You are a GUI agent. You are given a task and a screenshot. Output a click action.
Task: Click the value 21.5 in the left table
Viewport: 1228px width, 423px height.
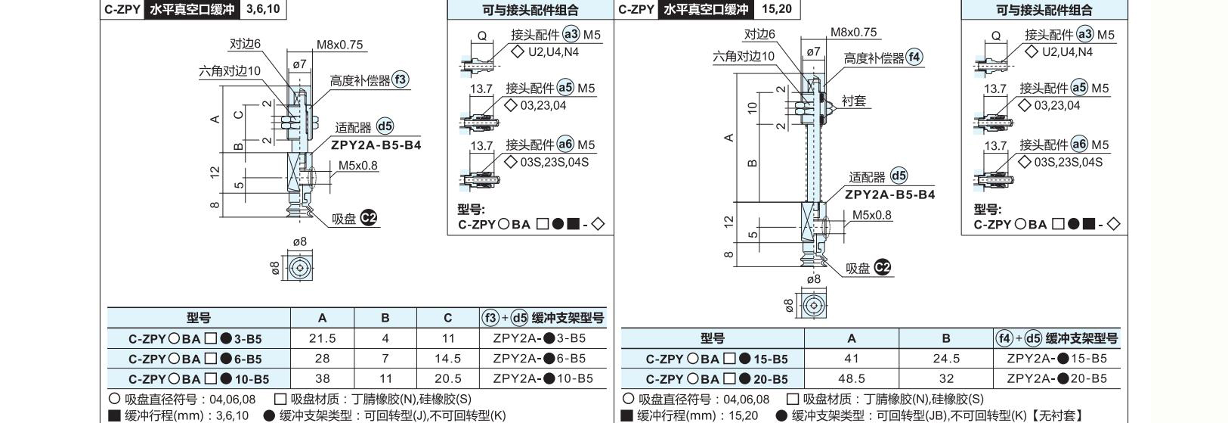323,338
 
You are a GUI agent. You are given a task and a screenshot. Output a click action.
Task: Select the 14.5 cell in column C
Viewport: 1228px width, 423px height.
448,359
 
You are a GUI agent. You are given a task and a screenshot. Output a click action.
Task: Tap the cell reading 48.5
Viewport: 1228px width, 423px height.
852,378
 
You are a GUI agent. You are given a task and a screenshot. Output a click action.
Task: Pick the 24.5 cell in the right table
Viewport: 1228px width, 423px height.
946,359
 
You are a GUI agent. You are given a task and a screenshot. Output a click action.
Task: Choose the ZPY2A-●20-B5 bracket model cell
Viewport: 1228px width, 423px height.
1057,378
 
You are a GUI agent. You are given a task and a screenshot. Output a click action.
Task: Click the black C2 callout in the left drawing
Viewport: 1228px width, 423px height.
369,218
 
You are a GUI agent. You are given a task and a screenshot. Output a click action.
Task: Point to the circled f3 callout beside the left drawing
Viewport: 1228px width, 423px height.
401,79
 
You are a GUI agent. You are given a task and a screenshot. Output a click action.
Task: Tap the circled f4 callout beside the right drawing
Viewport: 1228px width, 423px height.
914,57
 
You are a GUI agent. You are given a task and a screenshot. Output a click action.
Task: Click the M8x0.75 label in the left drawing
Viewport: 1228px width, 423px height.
339,45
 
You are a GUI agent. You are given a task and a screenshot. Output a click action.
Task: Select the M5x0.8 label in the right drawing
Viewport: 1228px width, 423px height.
871,215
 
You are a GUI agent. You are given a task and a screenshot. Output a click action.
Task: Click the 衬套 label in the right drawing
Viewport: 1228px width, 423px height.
854,101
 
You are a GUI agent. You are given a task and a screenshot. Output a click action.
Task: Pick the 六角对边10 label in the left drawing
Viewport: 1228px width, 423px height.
230,71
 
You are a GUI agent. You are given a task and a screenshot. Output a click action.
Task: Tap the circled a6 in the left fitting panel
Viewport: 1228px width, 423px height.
565,145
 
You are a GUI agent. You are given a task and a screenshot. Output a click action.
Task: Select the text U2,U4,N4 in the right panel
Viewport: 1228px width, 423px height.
1067,52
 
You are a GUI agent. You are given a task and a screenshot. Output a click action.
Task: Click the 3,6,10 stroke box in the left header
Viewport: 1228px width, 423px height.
263,9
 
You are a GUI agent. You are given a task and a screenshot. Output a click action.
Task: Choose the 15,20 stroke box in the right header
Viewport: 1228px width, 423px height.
777,9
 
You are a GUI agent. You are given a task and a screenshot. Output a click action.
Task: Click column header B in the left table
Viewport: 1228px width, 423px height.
385,319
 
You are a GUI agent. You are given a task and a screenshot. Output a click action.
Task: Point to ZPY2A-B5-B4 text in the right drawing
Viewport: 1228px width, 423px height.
889,194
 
